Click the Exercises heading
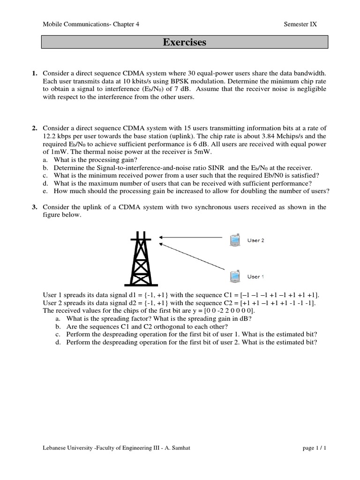pyautogui.click(x=184, y=43)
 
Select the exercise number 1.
pyautogui.click(x=34, y=74)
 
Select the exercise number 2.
pyautogui.click(x=34, y=128)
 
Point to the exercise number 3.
pyautogui.click(x=34, y=207)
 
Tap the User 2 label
pyautogui.click(x=255, y=240)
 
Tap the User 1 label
pyautogui.click(x=255, y=277)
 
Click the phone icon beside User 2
pyautogui.click(x=233, y=240)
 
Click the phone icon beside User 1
pyautogui.click(x=233, y=276)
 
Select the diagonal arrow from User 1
pyautogui.click(x=195, y=258)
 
